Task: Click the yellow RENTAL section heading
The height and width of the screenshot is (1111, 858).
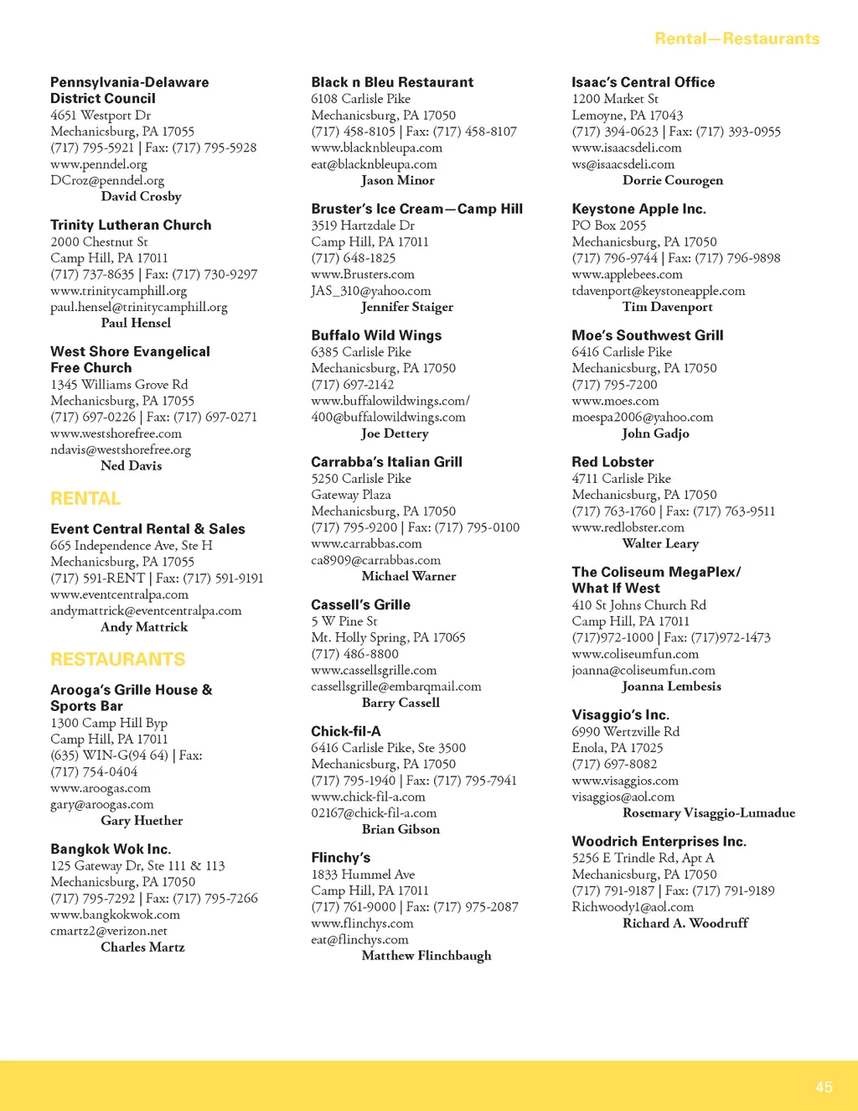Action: (x=85, y=499)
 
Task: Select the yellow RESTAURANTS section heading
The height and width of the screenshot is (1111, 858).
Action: (x=117, y=660)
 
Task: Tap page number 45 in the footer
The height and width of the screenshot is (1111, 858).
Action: (x=824, y=1087)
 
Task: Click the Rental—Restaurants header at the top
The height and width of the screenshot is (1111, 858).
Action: (x=737, y=39)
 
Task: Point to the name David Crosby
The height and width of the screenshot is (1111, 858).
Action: (x=141, y=196)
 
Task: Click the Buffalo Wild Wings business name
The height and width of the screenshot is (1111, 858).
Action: (x=376, y=335)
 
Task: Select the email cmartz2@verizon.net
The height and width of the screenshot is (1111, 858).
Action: (x=109, y=931)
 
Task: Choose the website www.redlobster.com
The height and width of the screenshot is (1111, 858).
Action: (x=628, y=527)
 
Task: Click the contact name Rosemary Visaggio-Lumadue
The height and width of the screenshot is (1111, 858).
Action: (x=709, y=812)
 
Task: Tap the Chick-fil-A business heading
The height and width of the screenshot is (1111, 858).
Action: (x=345, y=731)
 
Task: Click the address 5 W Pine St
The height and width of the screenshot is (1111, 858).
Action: (x=344, y=621)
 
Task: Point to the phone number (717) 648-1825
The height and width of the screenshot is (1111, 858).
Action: (x=353, y=258)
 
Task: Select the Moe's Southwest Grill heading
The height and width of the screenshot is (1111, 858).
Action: (x=647, y=335)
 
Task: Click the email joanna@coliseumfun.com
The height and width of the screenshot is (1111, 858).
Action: (x=643, y=670)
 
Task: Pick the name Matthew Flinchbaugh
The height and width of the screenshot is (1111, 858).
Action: (x=426, y=956)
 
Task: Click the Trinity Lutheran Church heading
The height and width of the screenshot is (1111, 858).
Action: (x=131, y=225)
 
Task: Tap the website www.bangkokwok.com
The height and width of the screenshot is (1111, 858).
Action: (x=115, y=915)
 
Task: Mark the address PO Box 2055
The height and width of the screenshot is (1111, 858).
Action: (x=609, y=226)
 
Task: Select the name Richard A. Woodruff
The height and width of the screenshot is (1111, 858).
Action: (x=685, y=923)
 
